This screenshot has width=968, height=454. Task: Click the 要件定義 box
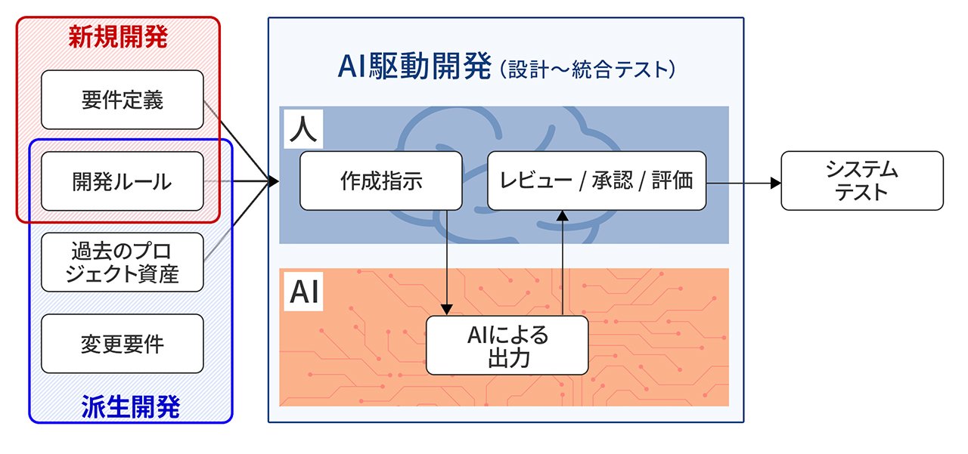click(x=122, y=100)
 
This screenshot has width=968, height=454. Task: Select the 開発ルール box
click(x=122, y=181)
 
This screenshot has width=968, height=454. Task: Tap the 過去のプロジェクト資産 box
click(x=122, y=262)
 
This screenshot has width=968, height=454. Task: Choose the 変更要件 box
click(x=122, y=344)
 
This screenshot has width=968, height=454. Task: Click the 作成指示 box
click(x=380, y=181)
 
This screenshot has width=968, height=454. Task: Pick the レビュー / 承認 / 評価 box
click(x=596, y=181)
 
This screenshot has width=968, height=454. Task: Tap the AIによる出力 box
click(x=507, y=345)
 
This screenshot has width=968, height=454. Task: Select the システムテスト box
click(x=861, y=181)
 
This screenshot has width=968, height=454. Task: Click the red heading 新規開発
click(x=118, y=37)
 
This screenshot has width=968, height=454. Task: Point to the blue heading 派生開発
click(x=130, y=408)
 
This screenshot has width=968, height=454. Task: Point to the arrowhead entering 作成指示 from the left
click(x=272, y=181)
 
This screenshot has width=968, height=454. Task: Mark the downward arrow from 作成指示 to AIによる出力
click(x=448, y=264)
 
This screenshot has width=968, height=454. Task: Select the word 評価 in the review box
click(x=675, y=181)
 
